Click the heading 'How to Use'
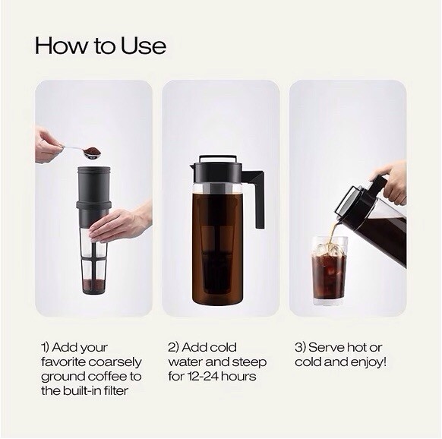tap(100, 46)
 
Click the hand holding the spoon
tap(49, 144)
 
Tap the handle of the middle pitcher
tap(257, 199)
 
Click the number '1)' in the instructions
tap(47, 347)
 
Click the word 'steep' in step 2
tap(241, 362)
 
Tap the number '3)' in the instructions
tap(302, 347)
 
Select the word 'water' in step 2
tap(186, 362)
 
